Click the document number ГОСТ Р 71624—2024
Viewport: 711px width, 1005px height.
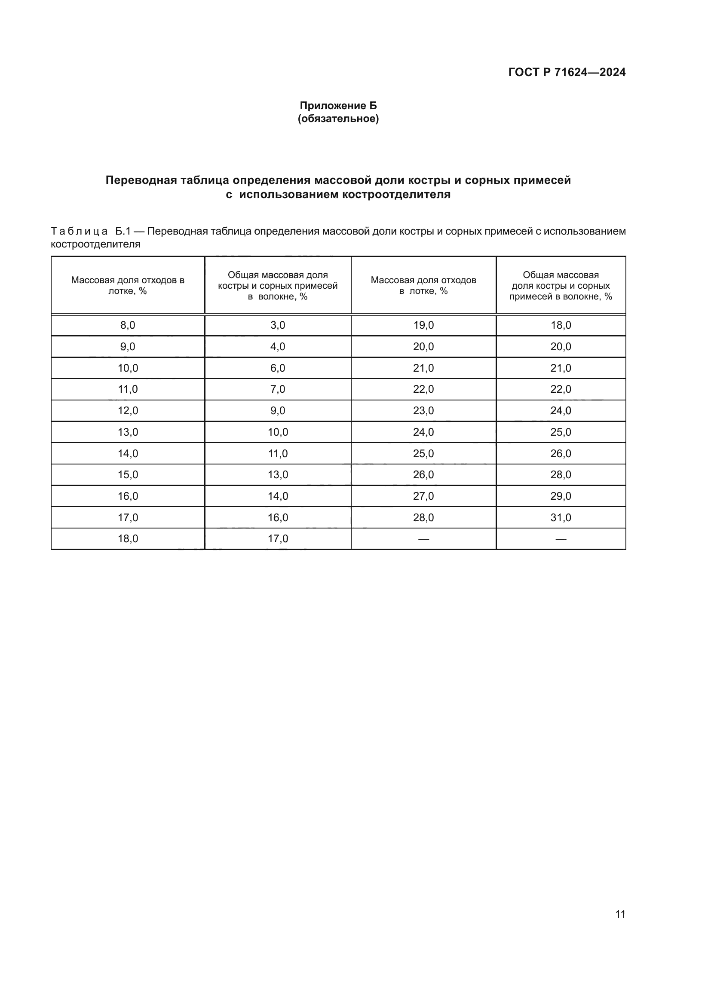tap(567, 72)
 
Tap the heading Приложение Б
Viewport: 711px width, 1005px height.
tap(338, 106)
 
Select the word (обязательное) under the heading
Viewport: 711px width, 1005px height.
tap(338, 119)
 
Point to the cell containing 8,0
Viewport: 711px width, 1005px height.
tap(128, 325)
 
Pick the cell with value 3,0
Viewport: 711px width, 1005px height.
tap(278, 325)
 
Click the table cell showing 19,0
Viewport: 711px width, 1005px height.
tap(423, 325)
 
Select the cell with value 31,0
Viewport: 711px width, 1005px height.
tap(561, 518)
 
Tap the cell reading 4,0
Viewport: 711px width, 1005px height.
tap(278, 347)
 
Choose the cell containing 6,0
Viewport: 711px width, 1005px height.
tap(278, 368)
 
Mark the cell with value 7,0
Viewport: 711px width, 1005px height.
tap(278, 389)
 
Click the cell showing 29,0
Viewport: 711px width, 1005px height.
tap(561, 496)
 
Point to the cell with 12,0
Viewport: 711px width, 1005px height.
tap(128, 411)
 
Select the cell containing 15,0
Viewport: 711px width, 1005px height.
tap(128, 475)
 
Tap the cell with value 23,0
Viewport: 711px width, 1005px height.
tap(423, 411)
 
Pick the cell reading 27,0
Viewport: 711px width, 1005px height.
tap(423, 496)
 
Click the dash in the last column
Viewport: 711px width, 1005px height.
tap(561, 539)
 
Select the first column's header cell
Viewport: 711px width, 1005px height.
tap(128, 285)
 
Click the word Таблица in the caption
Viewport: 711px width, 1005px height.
tap(79, 231)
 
